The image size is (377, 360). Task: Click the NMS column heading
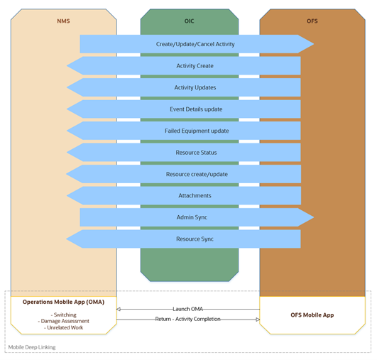click(x=63, y=21)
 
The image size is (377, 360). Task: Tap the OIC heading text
click(x=190, y=21)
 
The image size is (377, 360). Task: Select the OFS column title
click(x=312, y=21)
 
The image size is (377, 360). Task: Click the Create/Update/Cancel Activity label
click(x=195, y=44)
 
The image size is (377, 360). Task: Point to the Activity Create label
click(x=195, y=66)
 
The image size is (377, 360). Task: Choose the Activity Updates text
click(x=195, y=87)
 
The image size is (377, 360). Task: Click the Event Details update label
click(x=196, y=109)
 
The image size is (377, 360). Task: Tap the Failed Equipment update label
click(x=197, y=131)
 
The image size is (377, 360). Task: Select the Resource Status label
click(x=196, y=153)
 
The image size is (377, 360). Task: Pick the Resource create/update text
click(x=197, y=174)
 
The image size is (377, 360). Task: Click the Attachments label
click(x=195, y=195)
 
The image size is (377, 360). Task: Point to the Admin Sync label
click(x=192, y=217)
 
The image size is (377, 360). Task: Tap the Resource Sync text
click(x=195, y=239)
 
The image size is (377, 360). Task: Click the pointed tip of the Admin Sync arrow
click(x=314, y=217)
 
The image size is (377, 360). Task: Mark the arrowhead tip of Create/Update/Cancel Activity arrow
click(x=314, y=44)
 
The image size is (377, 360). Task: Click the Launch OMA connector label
click(x=187, y=309)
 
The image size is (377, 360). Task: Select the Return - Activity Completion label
click(x=187, y=319)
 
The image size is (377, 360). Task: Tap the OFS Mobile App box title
click(x=312, y=315)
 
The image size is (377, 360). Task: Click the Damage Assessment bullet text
click(x=65, y=321)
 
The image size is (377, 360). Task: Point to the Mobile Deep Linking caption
click(x=32, y=347)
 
